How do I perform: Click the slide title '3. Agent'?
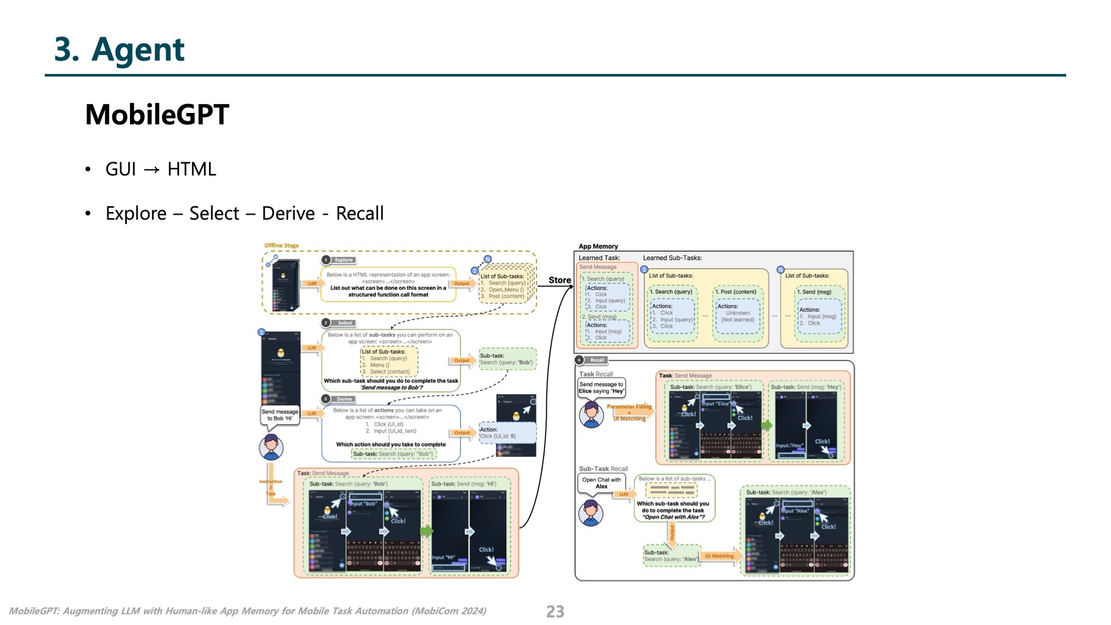click(119, 50)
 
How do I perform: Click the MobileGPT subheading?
click(157, 115)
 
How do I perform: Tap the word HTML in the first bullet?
click(192, 169)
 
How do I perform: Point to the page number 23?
click(555, 611)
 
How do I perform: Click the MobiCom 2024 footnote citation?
click(247, 611)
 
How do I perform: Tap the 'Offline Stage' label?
click(282, 246)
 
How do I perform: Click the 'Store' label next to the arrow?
click(559, 280)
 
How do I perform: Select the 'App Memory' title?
click(598, 246)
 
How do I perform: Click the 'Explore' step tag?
click(343, 260)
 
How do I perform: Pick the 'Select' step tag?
click(345, 323)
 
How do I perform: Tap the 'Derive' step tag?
click(344, 399)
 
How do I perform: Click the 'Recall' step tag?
click(597, 360)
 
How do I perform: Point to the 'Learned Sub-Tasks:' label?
click(672, 258)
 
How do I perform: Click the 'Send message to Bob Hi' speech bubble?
click(279, 415)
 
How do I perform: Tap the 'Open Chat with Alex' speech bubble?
click(601, 483)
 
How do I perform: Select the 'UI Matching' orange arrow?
click(720, 556)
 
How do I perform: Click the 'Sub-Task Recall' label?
click(603, 468)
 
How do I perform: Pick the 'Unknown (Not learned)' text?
click(737, 316)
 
